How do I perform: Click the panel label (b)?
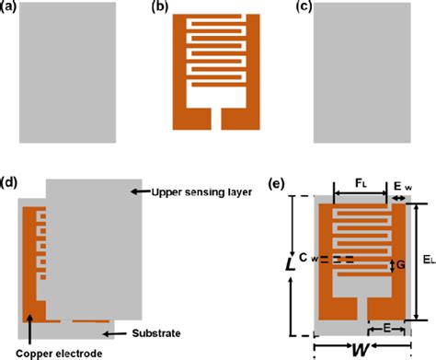pos(156,8)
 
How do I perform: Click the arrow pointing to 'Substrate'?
pos(115,331)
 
